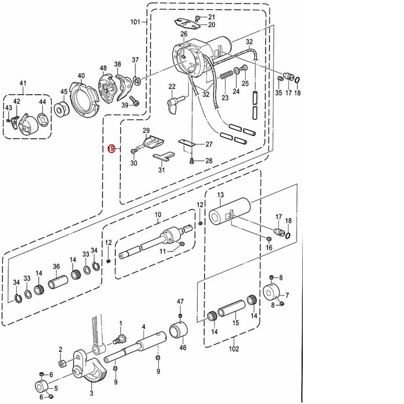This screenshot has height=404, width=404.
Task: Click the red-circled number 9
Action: pyautogui.click(x=112, y=148)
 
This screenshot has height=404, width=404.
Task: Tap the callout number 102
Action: pyautogui.click(x=234, y=349)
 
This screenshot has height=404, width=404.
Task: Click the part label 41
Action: pyautogui.click(x=23, y=83)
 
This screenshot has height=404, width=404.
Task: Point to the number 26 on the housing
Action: pyautogui.click(x=184, y=34)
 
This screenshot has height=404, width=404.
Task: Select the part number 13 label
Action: pyautogui.click(x=220, y=195)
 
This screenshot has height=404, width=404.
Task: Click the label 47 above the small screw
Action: pyautogui.click(x=180, y=301)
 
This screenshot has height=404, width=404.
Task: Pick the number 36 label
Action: pyautogui.click(x=56, y=267)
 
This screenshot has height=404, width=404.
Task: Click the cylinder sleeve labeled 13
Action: pyautogui.click(x=230, y=211)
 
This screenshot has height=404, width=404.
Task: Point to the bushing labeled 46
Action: pyautogui.click(x=178, y=331)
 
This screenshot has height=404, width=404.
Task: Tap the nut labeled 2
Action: pyautogui.click(x=61, y=363)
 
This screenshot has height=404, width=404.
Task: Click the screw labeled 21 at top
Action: pyautogui.click(x=197, y=18)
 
